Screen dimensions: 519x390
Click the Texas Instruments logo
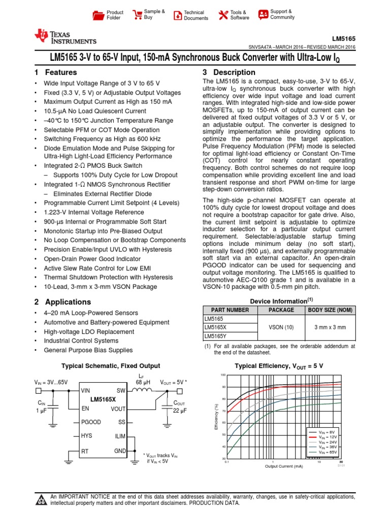64,37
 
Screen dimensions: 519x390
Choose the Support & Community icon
263,14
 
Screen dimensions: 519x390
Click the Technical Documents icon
177,15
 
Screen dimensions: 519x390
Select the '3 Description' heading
229,72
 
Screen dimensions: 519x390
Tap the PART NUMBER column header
226,310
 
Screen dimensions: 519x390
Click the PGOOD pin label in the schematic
91,421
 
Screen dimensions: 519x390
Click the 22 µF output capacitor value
180,411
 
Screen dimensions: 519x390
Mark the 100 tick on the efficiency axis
222,375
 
